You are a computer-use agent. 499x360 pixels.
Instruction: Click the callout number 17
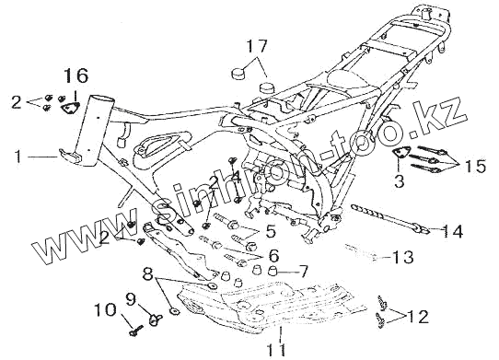pyautogui.click(x=257, y=46)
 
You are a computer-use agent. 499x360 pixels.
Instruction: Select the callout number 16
pyautogui.click(x=75, y=75)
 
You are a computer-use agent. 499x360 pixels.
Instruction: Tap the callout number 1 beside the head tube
pyautogui.click(x=18, y=157)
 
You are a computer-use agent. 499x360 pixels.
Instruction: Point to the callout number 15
pyautogui.click(x=476, y=166)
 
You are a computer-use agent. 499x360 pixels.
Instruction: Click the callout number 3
pyautogui.click(x=399, y=180)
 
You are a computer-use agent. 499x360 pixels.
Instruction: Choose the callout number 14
pyautogui.click(x=453, y=231)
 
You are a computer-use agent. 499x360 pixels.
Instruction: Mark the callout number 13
pyautogui.click(x=402, y=257)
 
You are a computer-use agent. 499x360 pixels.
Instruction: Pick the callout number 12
pyautogui.click(x=419, y=317)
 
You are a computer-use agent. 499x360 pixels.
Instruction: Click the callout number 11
pyautogui.click(x=276, y=349)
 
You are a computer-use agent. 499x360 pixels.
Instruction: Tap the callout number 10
pyautogui.click(x=106, y=309)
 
